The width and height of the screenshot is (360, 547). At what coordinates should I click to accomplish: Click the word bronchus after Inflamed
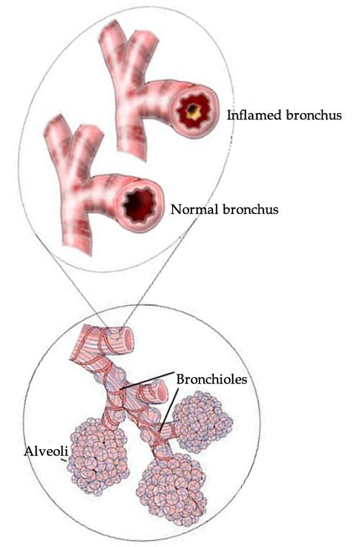(314, 114)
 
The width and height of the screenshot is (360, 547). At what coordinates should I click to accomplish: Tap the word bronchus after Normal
(251, 209)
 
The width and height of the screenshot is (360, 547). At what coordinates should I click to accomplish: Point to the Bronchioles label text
(212, 379)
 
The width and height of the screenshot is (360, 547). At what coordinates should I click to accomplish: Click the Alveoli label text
(45, 451)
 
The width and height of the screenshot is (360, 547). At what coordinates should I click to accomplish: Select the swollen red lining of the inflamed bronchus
(192, 112)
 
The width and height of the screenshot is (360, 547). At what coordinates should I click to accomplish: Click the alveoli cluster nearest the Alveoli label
(97, 454)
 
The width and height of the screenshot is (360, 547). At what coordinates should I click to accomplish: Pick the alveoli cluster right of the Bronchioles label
(202, 421)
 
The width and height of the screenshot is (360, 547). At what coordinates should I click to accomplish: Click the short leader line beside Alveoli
(64, 461)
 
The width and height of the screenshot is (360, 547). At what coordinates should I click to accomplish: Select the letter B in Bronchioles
(181, 379)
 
